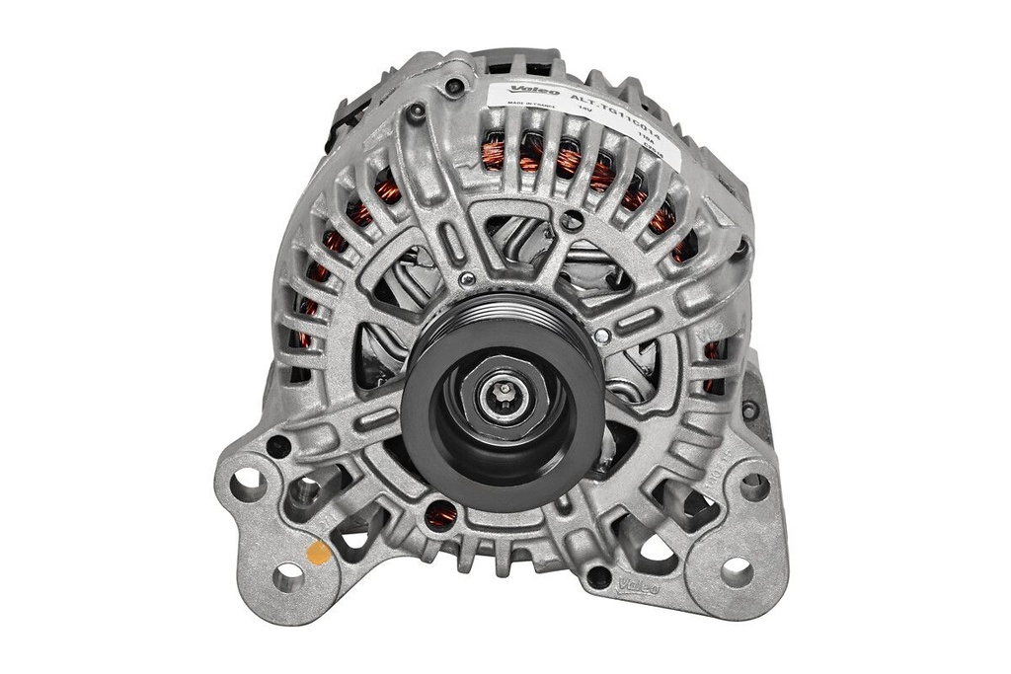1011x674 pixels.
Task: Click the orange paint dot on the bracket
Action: tap(319, 553)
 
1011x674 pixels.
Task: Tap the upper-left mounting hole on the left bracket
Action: tap(247, 483)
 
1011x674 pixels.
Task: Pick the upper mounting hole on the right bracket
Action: tap(754, 487)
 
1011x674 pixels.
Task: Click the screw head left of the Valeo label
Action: tap(455, 86)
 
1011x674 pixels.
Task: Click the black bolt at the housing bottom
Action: tap(598, 575)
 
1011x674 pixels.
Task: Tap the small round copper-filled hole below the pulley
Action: tap(440, 513)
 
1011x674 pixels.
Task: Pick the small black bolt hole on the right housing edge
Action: tap(750, 409)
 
